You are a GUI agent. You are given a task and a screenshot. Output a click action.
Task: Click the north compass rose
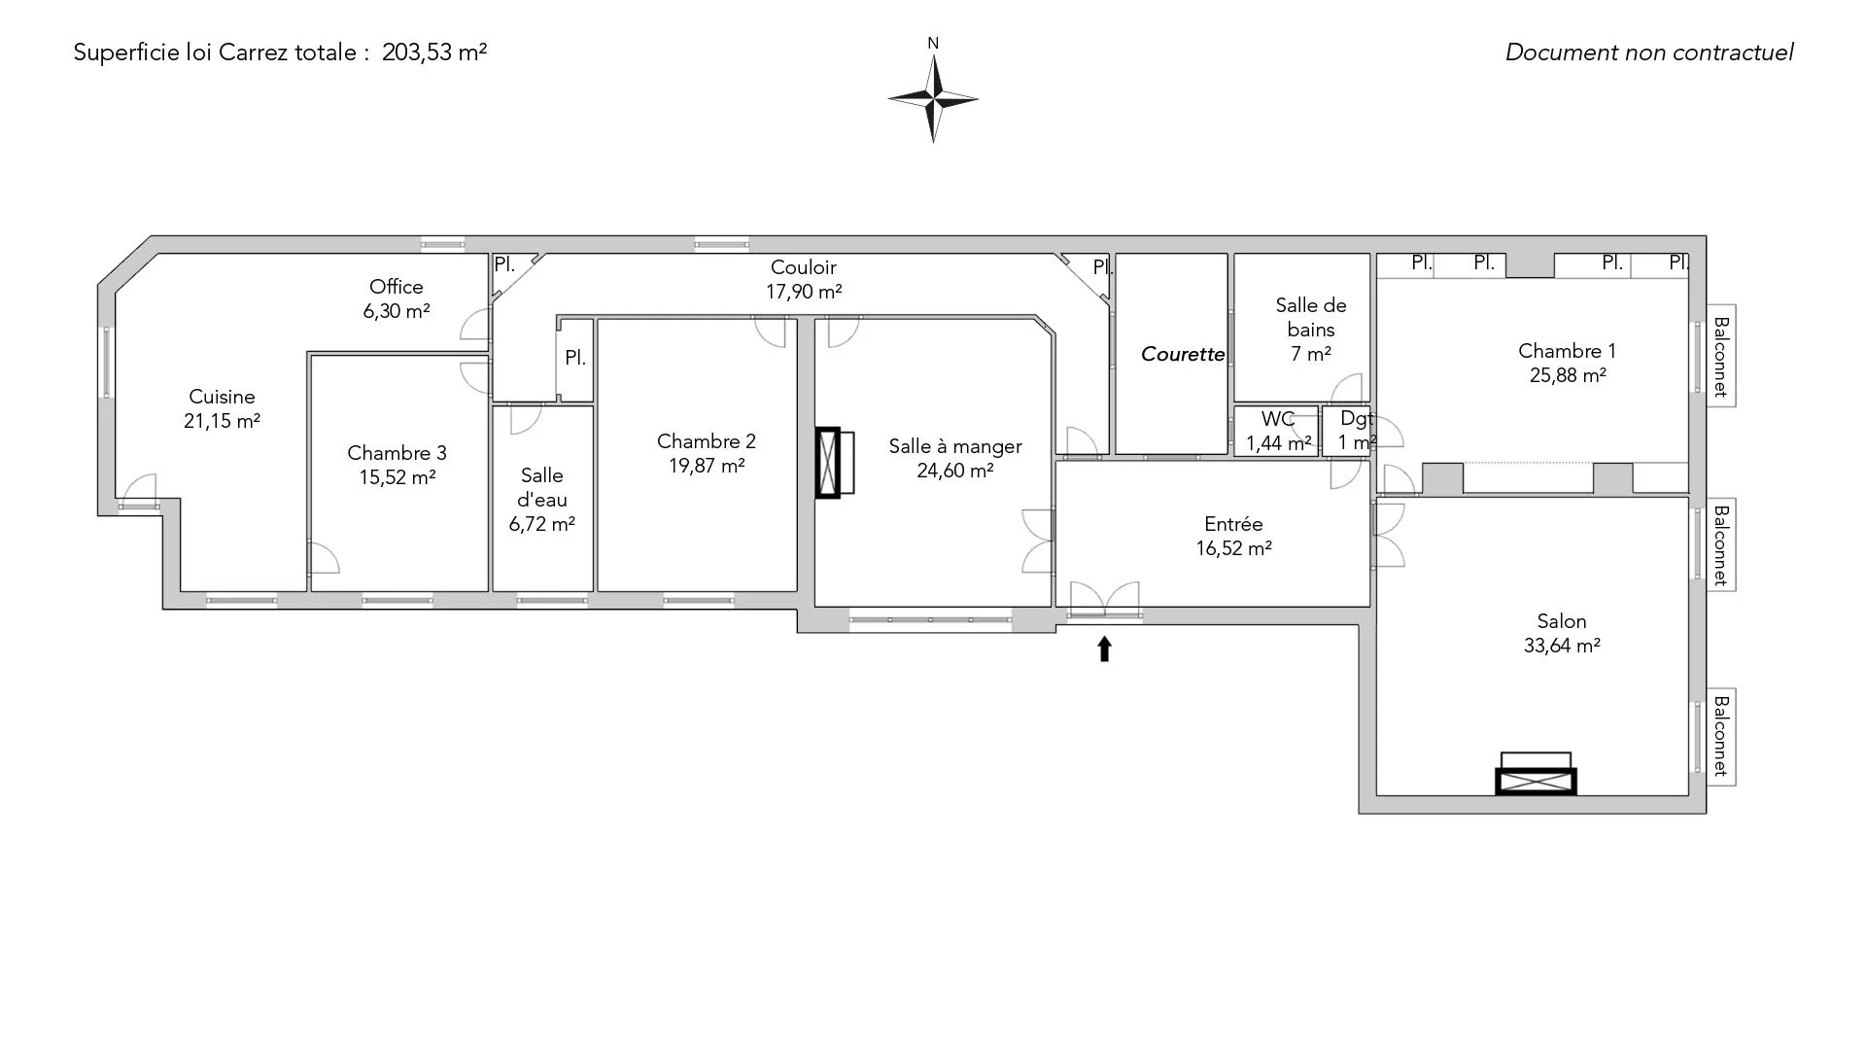click(933, 98)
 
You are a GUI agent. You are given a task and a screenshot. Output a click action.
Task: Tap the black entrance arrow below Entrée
click(1104, 649)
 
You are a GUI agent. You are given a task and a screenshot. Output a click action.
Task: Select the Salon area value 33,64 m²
click(1562, 646)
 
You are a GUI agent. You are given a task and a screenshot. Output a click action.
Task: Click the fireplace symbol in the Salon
click(1536, 774)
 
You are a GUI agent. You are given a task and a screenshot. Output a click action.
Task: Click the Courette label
click(1183, 355)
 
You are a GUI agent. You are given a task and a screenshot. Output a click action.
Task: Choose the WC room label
click(1278, 419)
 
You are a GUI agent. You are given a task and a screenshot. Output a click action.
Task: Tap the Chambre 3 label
click(397, 453)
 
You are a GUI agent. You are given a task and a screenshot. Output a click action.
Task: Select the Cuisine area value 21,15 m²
click(222, 421)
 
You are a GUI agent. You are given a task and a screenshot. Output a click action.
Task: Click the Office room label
click(397, 287)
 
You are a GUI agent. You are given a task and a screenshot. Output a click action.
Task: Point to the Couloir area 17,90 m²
click(804, 292)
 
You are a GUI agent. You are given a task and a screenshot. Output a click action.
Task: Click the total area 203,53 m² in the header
click(434, 52)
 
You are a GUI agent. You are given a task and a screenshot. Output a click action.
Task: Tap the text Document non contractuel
click(1649, 52)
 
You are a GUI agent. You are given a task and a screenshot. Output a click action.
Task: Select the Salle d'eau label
click(542, 488)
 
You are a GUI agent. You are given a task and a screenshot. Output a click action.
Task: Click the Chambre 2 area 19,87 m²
click(707, 466)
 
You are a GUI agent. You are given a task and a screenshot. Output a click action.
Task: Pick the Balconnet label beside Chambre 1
click(1720, 357)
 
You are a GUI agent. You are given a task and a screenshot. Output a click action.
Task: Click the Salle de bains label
click(1311, 318)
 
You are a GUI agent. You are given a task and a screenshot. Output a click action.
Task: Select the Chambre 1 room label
click(1567, 351)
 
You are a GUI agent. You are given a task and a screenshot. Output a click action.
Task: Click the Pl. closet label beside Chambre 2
click(575, 358)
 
